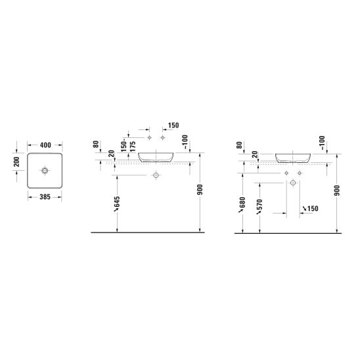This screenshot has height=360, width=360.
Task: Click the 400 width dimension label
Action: coord(45,145)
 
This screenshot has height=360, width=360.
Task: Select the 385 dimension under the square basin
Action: coord(45,197)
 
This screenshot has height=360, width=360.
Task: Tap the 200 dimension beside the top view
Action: coord(16,162)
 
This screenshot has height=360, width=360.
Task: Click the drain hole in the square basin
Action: coord(45,171)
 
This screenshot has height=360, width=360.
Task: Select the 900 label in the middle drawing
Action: coord(200,189)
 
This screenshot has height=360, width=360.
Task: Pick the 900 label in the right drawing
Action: coord(337,191)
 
